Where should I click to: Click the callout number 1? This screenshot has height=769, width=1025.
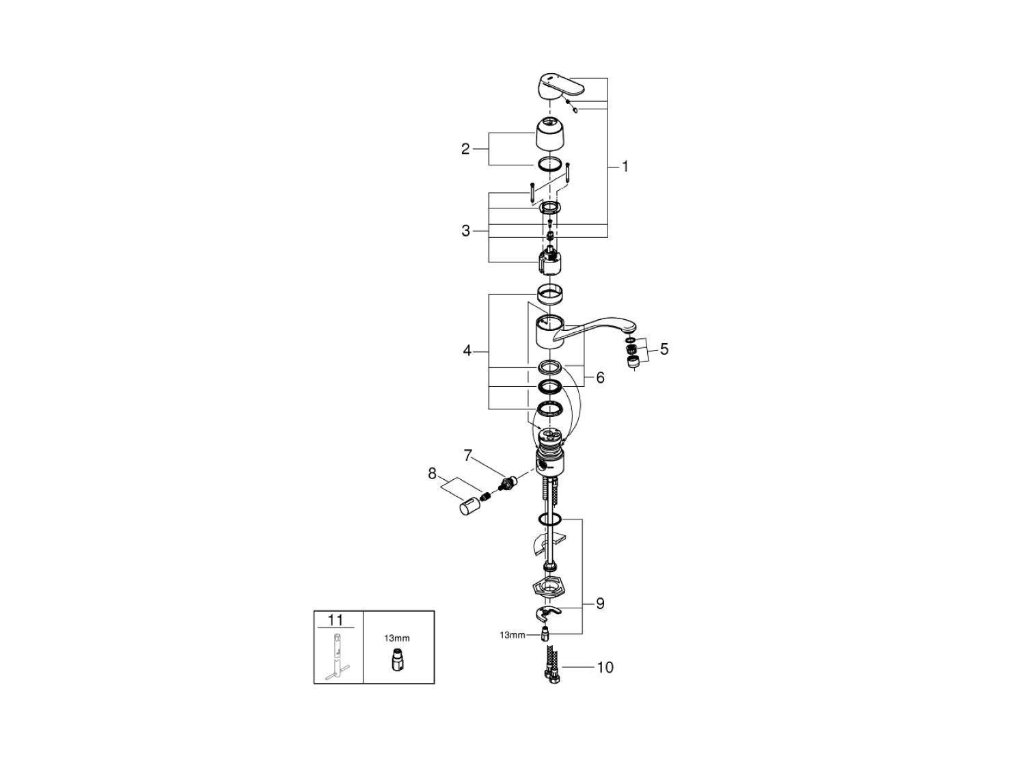[x=625, y=166]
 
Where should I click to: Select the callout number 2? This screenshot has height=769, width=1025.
[x=465, y=149]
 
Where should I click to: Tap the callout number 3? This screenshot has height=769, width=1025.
[x=465, y=231]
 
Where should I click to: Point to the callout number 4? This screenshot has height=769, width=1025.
[x=467, y=351]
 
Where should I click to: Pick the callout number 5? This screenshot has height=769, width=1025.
[x=664, y=350]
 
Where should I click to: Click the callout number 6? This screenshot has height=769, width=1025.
[x=600, y=377]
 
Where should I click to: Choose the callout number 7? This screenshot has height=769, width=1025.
[x=467, y=455]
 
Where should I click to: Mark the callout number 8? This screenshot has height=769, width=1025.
[x=432, y=473]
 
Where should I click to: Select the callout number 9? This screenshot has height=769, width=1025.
[x=600, y=604]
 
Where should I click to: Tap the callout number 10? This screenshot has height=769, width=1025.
[x=605, y=667]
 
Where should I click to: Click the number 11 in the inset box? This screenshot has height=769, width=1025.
[x=336, y=621]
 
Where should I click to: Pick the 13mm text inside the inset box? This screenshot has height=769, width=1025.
[x=396, y=638]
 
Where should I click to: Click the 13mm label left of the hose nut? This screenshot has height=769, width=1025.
[x=512, y=635]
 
